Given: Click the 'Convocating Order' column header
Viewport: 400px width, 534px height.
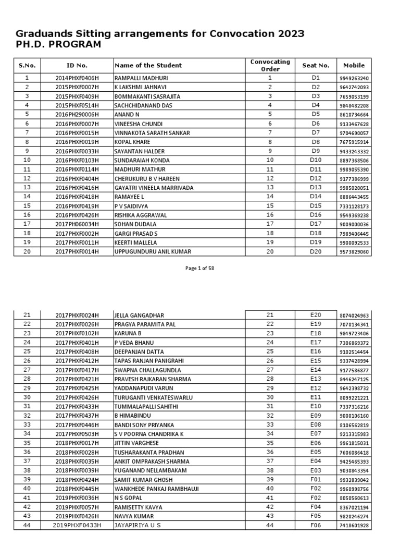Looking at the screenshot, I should point(270,65).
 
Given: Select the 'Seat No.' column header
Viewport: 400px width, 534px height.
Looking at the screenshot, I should point(316,65).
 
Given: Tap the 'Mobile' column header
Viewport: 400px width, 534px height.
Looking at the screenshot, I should point(354,65).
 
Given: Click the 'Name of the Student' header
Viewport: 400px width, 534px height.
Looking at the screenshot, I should point(148,65).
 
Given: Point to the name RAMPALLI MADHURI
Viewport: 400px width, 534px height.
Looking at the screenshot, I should point(138,78).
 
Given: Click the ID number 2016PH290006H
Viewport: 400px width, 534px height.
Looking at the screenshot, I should point(77,115).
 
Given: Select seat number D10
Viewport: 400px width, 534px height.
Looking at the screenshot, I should point(316,160).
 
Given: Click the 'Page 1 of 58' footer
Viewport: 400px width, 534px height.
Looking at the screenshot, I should point(199,269).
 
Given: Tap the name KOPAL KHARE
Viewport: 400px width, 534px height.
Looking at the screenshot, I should point(132,142).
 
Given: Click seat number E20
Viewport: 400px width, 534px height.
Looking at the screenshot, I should point(316,315).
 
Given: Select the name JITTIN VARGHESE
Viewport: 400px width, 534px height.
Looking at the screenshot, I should point(137,443).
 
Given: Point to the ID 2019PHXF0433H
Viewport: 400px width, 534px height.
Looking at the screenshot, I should point(77,525).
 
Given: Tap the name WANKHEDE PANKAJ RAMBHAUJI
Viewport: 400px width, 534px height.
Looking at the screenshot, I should point(156,489).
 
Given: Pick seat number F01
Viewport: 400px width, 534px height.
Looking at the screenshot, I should point(316,479).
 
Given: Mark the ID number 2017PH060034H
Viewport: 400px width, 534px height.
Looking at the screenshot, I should point(77,224).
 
